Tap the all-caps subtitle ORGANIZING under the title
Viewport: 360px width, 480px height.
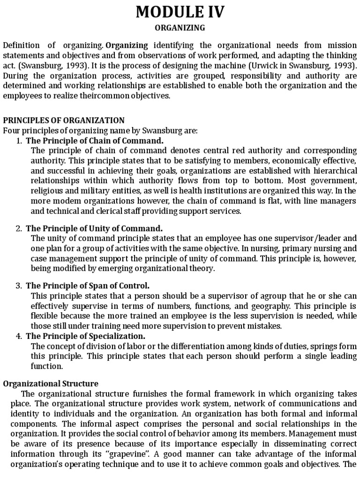pyautogui.click(x=180, y=28)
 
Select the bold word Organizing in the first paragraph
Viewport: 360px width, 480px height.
pyautogui.click(x=127, y=45)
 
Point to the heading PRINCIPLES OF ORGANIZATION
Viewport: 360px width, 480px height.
pyautogui.click(x=64, y=120)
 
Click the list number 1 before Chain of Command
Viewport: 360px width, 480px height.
pyautogui.click(x=19, y=141)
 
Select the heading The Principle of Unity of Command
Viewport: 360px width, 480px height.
pyautogui.click(x=94, y=228)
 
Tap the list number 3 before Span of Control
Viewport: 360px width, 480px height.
pyautogui.click(x=19, y=285)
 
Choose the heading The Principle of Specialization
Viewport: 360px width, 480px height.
pyautogui.click(x=85, y=336)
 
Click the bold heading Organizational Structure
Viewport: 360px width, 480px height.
pyautogui.click(x=51, y=383)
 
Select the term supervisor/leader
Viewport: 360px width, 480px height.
pyautogui.click(x=304, y=238)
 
